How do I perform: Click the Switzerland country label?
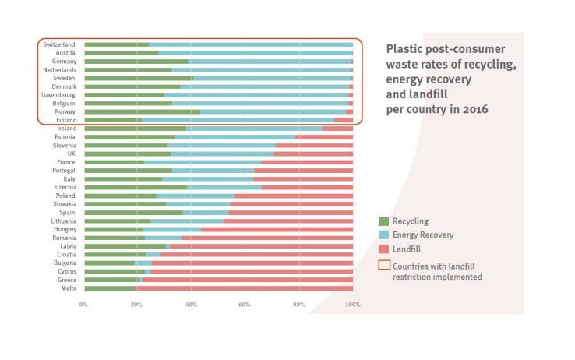pyautogui.click(x=59, y=44)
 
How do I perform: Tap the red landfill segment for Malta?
pyautogui.click(x=245, y=288)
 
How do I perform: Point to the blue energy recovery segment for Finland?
pyautogui.click(x=238, y=120)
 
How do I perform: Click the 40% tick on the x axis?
pyautogui.click(x=191, y=303)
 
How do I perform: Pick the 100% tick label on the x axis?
pyautogui.click(x=352, y=303)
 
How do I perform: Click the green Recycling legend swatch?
pyautogui.click(x=383, y=221)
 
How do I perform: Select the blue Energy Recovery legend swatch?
pyautogui.click(x=383, y=235)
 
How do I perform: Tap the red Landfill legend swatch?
pyautogui.click(x=383, y=248)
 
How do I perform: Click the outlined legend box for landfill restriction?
pyautogui.click(x=383, y=265)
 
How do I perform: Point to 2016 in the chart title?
pyautogui.click(x=474, y=109)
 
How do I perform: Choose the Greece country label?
pyautogui.click(x=65, y=279)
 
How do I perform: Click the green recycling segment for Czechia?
pyautogui.click(x=136, y=187)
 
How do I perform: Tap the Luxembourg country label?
pyautogui.click(x=58, y=95)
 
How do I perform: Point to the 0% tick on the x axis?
pyautogui.click(x=83, y=303)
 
